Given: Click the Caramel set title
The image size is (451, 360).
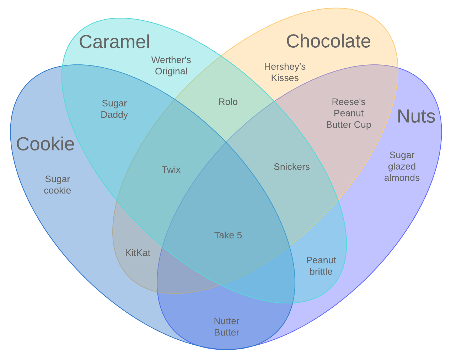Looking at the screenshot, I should [114, 42].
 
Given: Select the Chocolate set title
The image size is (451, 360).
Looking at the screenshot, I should [328, 41].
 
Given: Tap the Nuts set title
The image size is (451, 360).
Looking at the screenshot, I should [416, 116].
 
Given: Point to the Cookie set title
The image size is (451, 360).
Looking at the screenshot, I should [45, 144].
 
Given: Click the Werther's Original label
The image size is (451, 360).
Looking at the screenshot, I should [171, 65].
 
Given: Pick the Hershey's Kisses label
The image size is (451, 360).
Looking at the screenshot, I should [285, 72].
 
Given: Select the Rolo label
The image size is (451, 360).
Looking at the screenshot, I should [228, 102].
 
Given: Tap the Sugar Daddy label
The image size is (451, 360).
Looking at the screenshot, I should [114, 109].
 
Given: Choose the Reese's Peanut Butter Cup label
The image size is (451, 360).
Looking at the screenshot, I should [348, 113].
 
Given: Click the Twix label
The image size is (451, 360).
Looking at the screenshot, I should [171, 170].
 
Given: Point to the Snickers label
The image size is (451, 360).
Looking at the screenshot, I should [291, 167].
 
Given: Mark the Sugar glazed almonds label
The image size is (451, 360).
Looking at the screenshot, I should [402, 166].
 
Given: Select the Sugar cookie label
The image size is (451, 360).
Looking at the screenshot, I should [57, 185].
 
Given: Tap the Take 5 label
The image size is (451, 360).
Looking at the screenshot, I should [228, 235].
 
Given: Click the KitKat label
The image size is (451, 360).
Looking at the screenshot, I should [138, 253].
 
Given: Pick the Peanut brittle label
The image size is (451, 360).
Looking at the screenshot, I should [321, 266].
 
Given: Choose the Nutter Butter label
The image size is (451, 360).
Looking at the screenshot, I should [226, 327].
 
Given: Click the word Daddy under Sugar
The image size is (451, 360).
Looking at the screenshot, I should [114, 115].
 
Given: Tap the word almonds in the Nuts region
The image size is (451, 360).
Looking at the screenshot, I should [402, 178].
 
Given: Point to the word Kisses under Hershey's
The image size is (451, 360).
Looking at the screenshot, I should [285, 78].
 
